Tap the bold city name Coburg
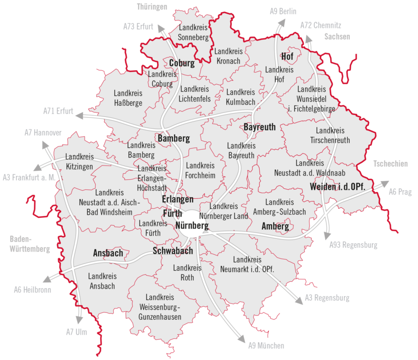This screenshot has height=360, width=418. (181, 63)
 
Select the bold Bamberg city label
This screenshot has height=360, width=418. (174, 139)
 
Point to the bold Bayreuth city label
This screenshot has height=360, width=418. (259, 127)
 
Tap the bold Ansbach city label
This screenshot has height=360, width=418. (108, 253)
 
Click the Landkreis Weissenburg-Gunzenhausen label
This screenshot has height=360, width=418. (160, 307)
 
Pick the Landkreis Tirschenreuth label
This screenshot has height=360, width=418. (330, 135)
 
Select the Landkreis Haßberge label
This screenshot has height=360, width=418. (128, 98)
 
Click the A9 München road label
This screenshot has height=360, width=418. (266, 346)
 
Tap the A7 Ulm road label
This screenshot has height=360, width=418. (76, 332)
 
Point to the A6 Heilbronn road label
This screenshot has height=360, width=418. (32, 289)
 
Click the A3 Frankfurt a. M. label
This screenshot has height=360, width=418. (29, 177)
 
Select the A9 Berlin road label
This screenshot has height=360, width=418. (283, 11)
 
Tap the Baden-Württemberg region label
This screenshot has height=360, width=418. (30, 244)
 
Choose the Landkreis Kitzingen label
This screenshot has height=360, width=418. (79, 162)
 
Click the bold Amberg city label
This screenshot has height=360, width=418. (275, 226)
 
